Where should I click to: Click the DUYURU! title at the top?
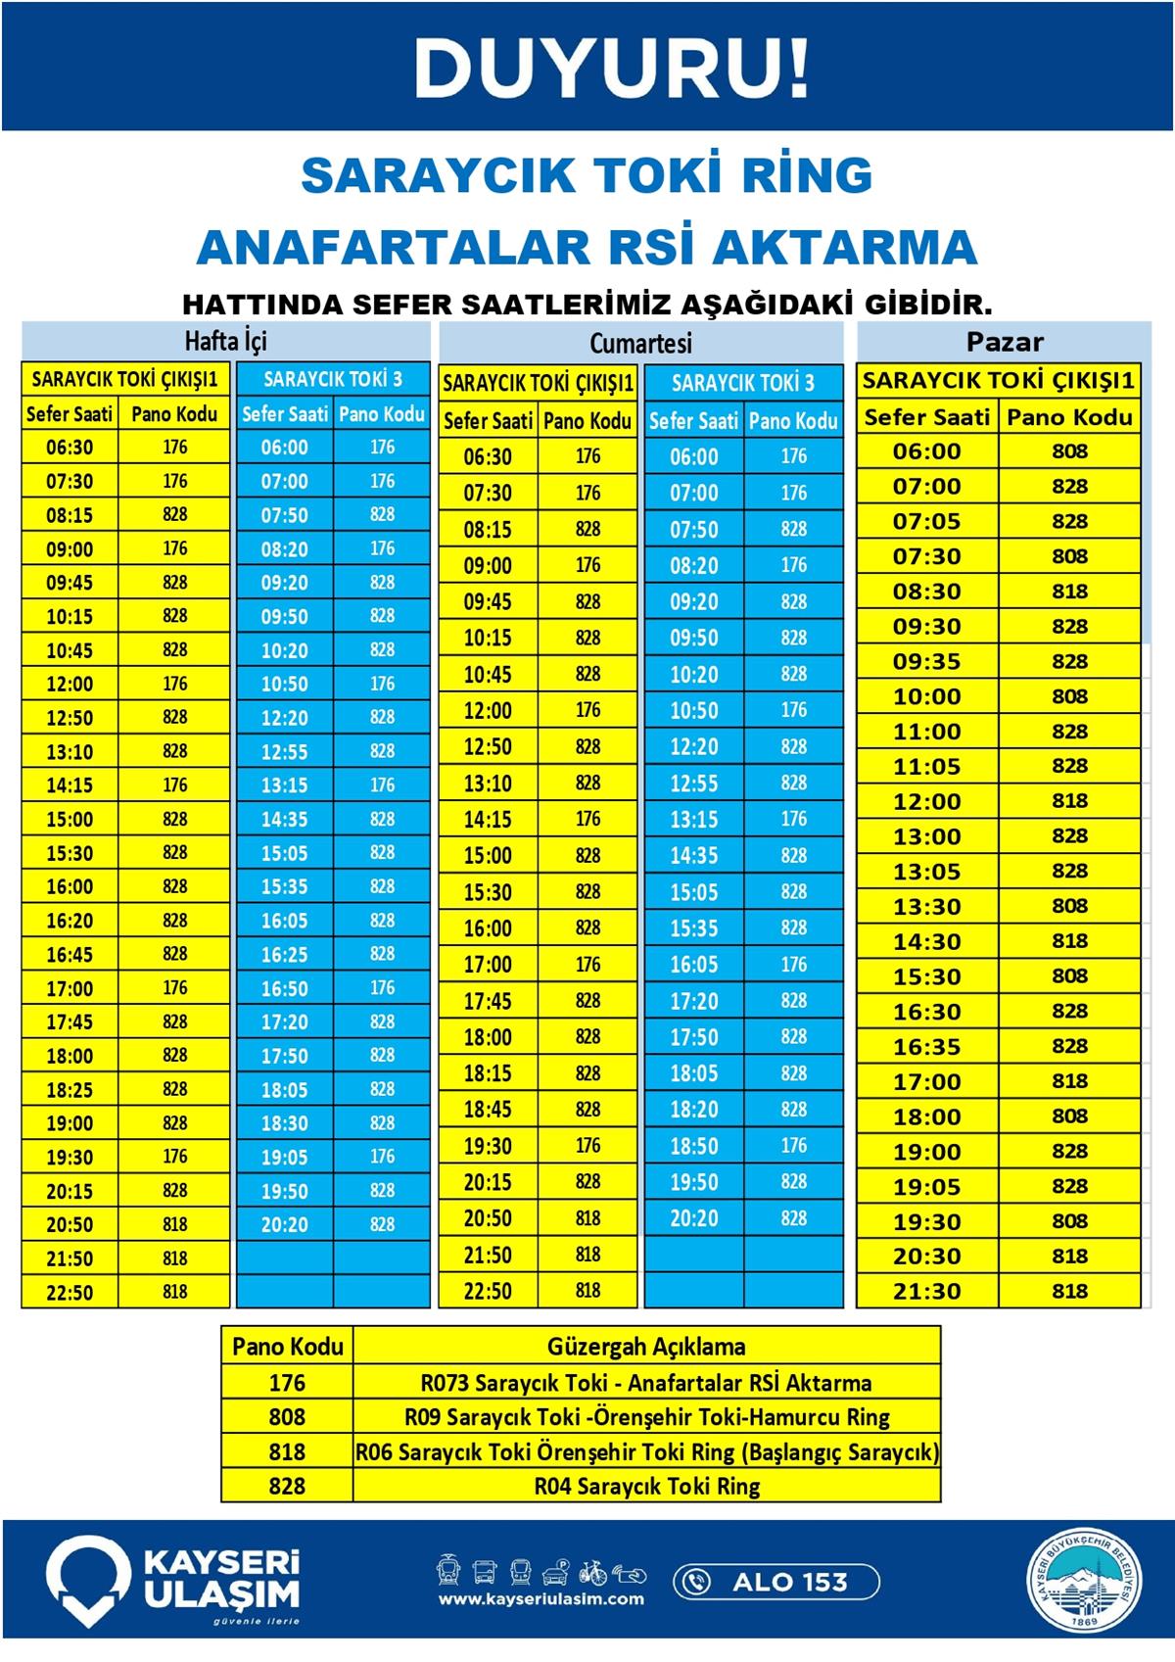(612, 68)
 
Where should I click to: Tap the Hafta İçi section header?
(226, 341)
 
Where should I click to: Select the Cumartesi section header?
(640, 343)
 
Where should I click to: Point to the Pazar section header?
(1005, 342)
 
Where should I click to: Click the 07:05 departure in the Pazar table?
(926, 521)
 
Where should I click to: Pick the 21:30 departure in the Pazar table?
(926, 1291)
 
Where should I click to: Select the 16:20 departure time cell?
(70, 921)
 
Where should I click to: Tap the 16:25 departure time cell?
(284, 954)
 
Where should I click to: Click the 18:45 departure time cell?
(488, 1110)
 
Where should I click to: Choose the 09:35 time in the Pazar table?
(926, 661)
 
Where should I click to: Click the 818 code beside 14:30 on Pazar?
(1069, 941)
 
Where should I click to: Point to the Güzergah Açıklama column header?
(646, 1347)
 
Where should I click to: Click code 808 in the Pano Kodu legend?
(287, 1417)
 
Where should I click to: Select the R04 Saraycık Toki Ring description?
(646, 1486)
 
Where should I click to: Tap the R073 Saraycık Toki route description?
(646, 1383)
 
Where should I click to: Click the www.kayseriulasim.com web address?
(541, 1599)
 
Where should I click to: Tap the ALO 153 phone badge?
(775, 1582)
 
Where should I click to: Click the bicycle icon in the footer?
(592, 1573)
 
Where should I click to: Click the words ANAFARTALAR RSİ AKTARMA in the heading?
(587, 247)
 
